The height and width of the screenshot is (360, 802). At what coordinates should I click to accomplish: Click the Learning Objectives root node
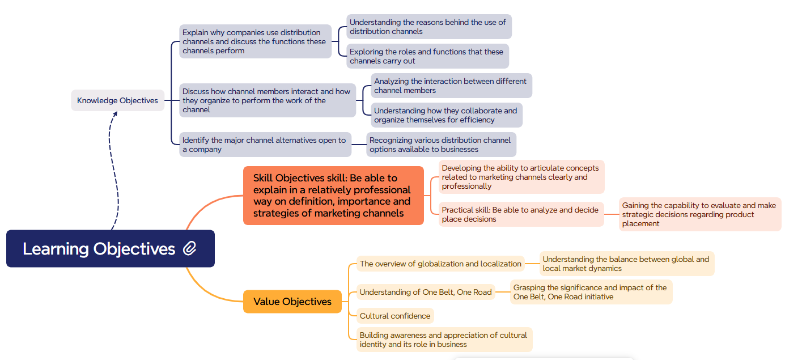(x=99, y=249)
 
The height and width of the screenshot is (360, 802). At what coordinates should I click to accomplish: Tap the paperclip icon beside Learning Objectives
(x=190, y=248)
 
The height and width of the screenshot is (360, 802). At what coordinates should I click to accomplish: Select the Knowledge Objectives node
(x=117, y=100)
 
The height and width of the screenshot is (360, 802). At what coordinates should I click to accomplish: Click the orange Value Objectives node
(x=292, y=302)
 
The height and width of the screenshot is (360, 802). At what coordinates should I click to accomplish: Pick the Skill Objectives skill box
(x=333, y=196)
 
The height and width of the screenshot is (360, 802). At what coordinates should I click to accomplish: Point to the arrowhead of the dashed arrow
(x=115, y=113)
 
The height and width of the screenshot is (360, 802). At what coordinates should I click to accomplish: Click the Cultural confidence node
(x=395, y=316)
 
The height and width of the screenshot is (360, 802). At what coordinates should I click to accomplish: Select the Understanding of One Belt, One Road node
(x=426, y=293)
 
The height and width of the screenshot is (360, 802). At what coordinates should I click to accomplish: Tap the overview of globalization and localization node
(x=440, y=264)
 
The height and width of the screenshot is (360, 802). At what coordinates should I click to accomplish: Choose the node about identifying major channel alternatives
(x=265, y=145)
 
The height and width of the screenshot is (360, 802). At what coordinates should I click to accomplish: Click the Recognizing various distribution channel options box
(x=441, y=145)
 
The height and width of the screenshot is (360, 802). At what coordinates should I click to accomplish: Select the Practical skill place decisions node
(x=521, y=214)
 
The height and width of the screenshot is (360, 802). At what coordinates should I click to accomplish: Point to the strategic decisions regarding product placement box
(x=699, y=214)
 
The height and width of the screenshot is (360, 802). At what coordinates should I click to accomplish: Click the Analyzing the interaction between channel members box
(x=451, y=86)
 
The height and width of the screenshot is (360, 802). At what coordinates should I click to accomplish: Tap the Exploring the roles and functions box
(x=427, y=56)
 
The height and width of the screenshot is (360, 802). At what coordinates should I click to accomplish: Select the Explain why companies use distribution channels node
(x=255, y=41)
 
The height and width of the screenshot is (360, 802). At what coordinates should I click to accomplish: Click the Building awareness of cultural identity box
(x=444, y=340)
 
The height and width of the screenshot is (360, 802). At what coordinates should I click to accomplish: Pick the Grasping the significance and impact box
(x=591, y=292)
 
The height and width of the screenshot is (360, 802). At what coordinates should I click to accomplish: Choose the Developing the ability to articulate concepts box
(x=521, y=177)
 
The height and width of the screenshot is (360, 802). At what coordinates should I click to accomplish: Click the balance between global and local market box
(x=626, y=264)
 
